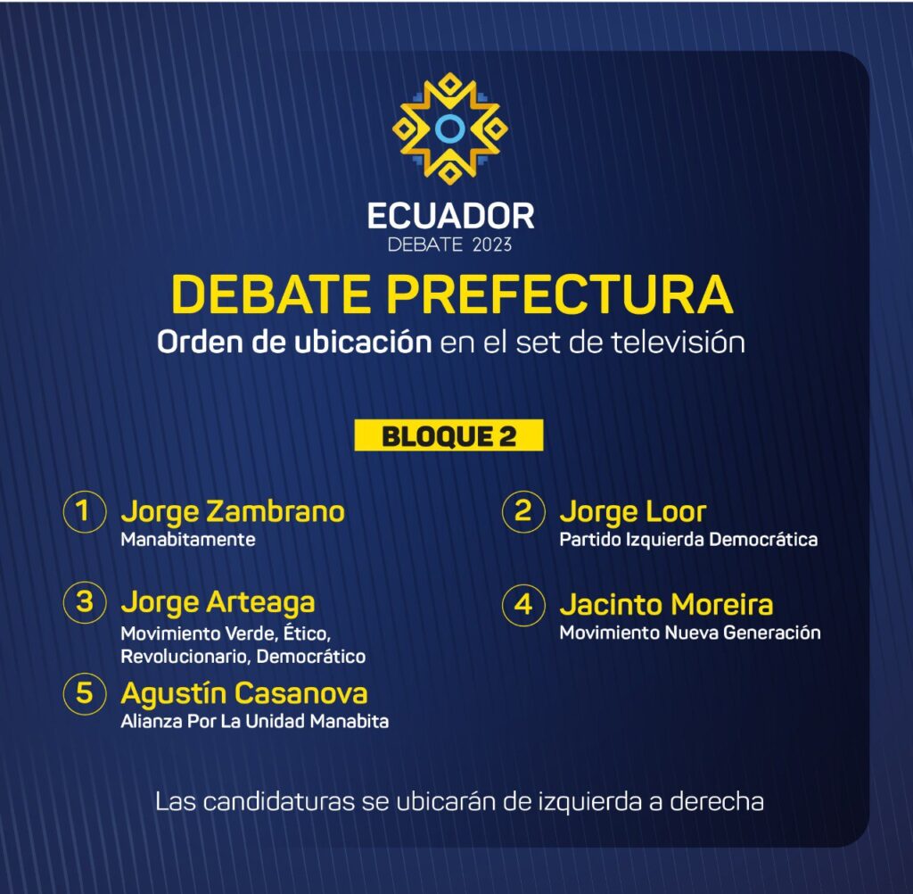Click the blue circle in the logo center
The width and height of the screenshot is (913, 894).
[x=449, y=128]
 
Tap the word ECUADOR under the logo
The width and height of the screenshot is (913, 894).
[x=450, y=216]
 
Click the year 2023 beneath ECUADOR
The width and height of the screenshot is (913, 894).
[x=492, y=244]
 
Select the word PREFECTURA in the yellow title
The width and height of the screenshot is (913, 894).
[x=560, y=294]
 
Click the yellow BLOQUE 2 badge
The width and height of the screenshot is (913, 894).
[x=449, y=435]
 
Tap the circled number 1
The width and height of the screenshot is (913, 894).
[x=85, y=512]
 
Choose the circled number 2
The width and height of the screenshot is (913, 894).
[x=523, y=512]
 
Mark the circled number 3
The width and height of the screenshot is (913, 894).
[x=85, y=602]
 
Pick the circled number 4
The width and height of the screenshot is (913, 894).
[x=523, y=605]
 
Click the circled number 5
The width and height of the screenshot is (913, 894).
[x=85, y=693]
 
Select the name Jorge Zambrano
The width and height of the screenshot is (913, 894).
[x=233, y=513]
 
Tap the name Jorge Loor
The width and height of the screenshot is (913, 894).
[x=633, y=513]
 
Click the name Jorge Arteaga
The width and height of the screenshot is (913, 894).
[x=218, y=603]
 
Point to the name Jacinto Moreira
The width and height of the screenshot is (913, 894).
[x=666, y=604]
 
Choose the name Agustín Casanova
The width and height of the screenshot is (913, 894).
[x=244, y=694]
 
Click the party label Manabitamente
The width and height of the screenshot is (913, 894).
[x=188, y=540]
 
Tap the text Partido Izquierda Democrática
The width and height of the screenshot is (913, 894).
[x=688, y=540]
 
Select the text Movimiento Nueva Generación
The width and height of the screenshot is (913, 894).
[x=690, y=633]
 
